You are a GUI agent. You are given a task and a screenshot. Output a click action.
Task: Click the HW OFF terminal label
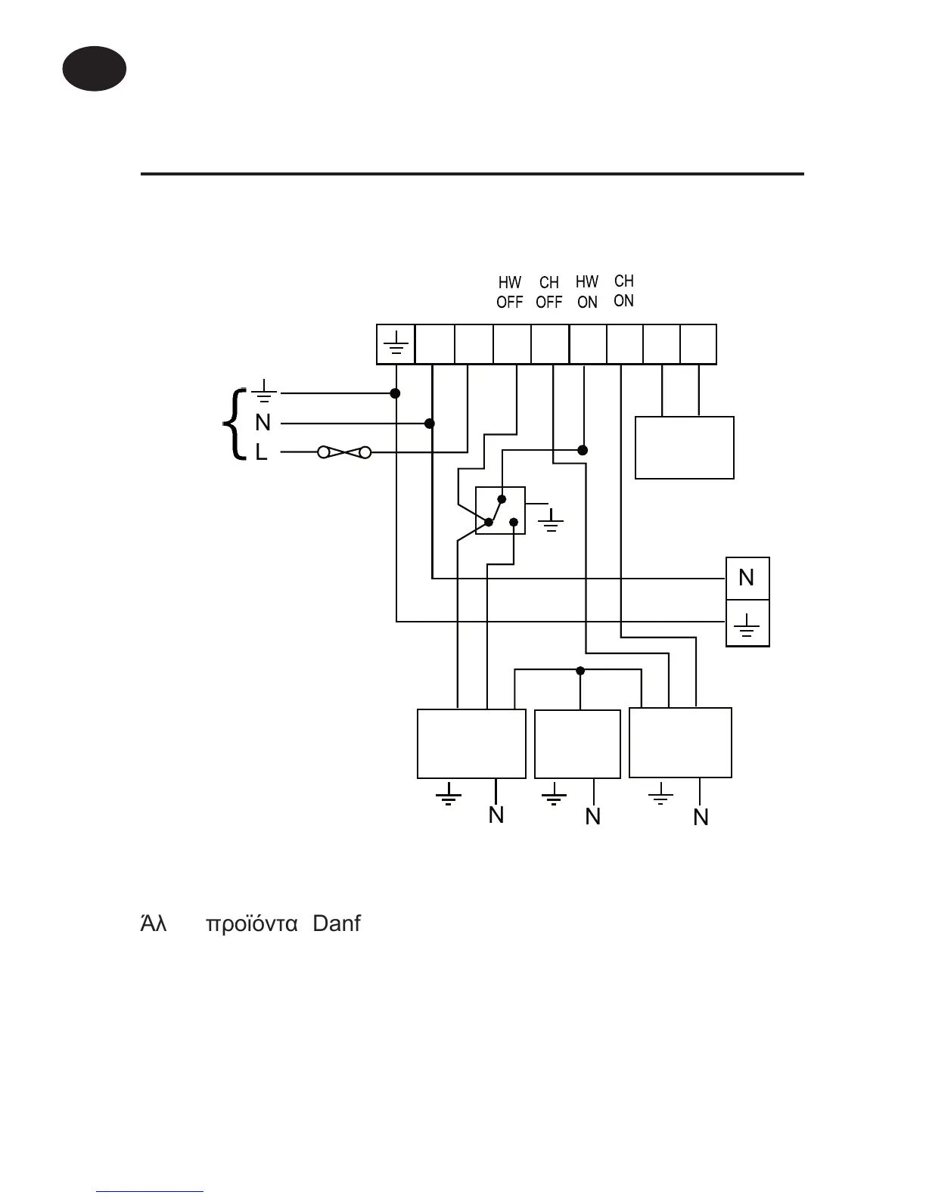(509, 293)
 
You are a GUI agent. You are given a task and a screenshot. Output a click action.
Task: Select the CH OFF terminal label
(549, 293)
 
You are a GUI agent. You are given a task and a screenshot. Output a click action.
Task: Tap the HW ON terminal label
(587, 292)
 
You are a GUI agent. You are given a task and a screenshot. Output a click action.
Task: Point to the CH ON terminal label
(624, 291)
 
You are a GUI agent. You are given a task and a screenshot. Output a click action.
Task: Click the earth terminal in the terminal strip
(396, 345)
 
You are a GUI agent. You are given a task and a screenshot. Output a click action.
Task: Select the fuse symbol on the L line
(345, 452)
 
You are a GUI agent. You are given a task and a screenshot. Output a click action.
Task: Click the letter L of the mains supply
(261, 452)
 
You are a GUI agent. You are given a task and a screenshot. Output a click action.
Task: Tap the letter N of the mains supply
(263, 423)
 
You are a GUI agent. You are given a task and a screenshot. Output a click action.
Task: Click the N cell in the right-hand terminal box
(747, 579)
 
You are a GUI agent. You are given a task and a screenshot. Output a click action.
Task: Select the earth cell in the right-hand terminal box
(747, 624)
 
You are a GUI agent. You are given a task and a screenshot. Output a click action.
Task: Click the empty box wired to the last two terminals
(684, 447)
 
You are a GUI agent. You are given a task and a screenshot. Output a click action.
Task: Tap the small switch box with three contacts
(500, 511)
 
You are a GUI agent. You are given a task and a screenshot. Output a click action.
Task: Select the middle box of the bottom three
(577, 744)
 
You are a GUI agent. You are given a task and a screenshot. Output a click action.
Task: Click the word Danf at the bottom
(337, 923)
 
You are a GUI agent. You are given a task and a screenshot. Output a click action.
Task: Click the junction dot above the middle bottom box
(580, 670)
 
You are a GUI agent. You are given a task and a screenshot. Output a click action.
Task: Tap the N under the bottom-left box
(496, 815)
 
